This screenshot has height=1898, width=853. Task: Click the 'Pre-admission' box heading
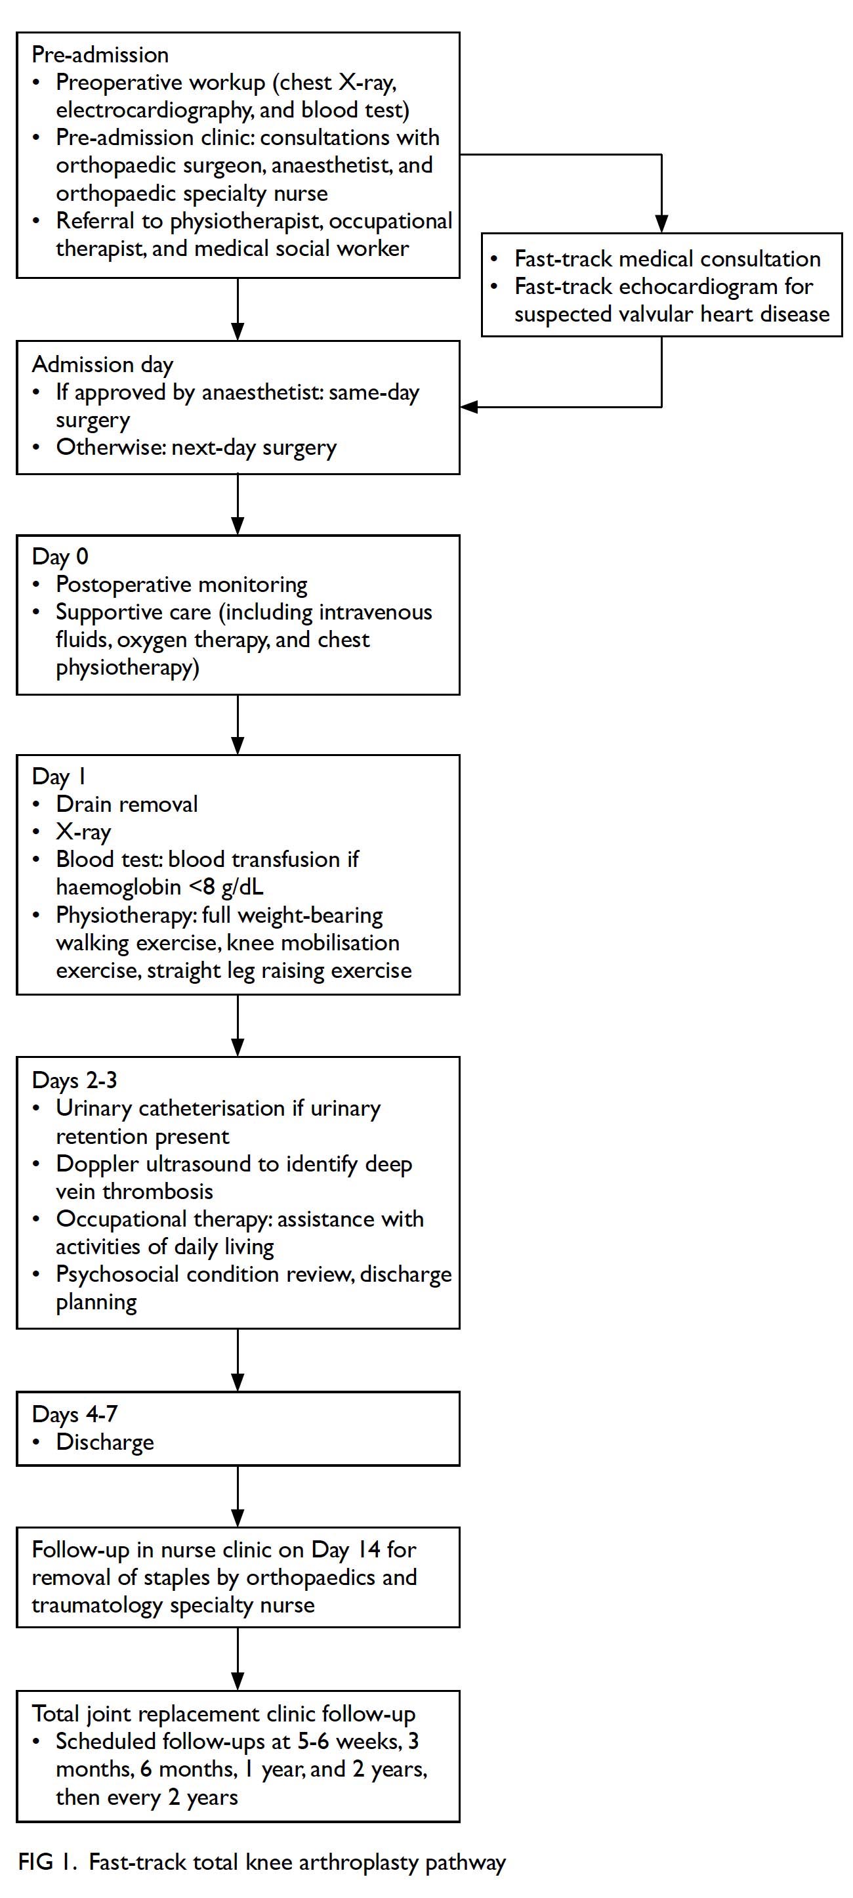100,55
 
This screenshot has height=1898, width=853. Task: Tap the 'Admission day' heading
102,365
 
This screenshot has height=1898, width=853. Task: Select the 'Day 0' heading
60,557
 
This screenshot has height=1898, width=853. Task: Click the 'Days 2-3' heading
74,1080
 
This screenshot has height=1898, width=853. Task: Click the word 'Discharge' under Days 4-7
106,1442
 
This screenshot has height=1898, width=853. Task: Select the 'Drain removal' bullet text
127,804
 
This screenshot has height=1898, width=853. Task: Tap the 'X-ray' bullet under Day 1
83,832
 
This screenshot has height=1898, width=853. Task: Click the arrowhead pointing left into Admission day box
469,407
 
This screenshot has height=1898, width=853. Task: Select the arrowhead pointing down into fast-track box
661,224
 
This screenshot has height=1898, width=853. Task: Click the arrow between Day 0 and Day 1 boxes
237,725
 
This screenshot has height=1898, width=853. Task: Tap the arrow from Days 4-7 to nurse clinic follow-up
237,1496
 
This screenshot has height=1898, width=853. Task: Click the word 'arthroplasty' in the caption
358,1863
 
